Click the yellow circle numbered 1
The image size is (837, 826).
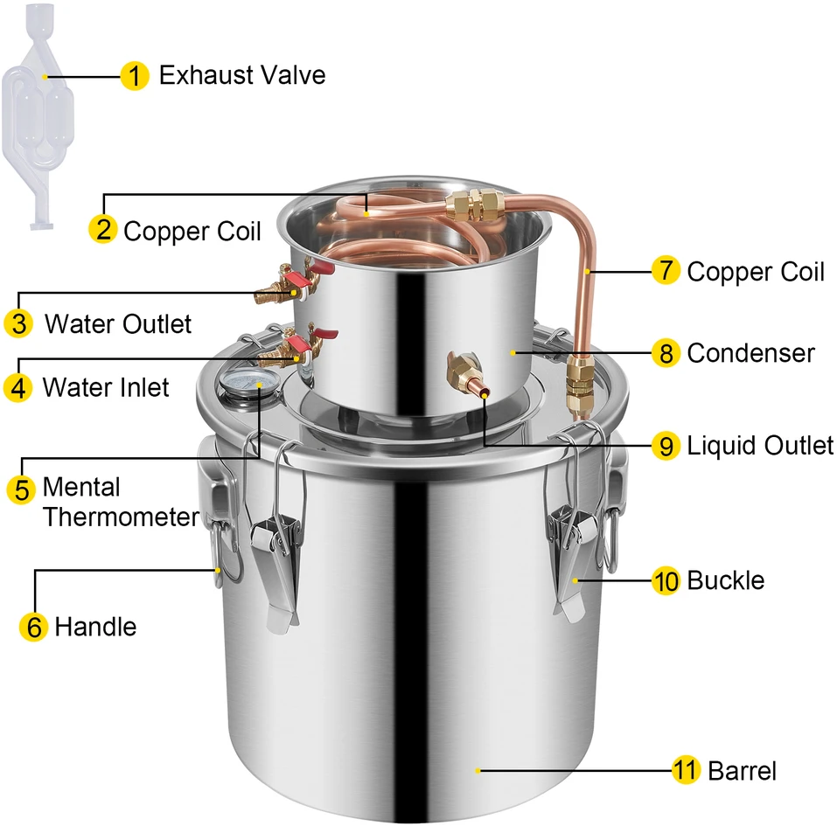coord(135,76)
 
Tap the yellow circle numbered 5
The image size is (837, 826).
coord(21,489)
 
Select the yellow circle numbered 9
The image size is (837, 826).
coord(666,446)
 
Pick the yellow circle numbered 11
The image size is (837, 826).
coord(686,770)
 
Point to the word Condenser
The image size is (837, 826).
coord(750,353)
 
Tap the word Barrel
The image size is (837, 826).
coord(742,771)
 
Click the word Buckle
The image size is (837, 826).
coord(725,580)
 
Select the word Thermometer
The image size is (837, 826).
coord(122,517)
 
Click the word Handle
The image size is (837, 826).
coord(95,627)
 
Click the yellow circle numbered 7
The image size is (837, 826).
coord(666,271)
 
